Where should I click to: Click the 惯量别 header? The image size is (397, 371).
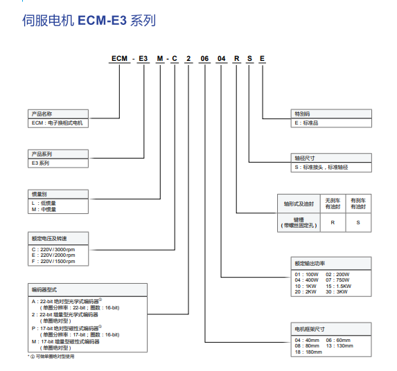click(x=39, y=194)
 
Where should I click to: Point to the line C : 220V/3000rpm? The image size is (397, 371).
click(x=58, y=248)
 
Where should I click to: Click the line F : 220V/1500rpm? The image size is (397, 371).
click(x=58, y=262)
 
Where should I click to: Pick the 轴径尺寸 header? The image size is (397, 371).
click(x=305, y=158)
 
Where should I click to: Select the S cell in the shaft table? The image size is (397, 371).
click(x=358, y=222)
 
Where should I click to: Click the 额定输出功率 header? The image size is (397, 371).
click(x=310, y=263)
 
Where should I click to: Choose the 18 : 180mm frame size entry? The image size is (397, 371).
click(x=308, y=352)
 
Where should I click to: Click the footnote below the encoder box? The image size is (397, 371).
click(x=51, y=356)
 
